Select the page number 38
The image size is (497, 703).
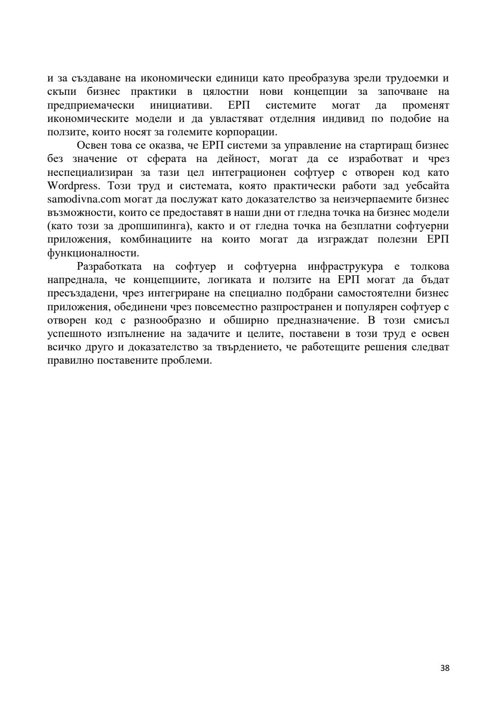click(445, 668)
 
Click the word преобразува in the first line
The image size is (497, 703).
click(314, 78)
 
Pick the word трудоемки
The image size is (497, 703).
click(413, 78)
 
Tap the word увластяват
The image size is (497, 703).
click(234, 119)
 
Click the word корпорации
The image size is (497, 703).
click(247, 133)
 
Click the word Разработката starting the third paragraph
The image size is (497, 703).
click(110, 267)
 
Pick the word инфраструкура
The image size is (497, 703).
click(345, 267)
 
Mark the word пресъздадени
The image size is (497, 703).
click(83, 294)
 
